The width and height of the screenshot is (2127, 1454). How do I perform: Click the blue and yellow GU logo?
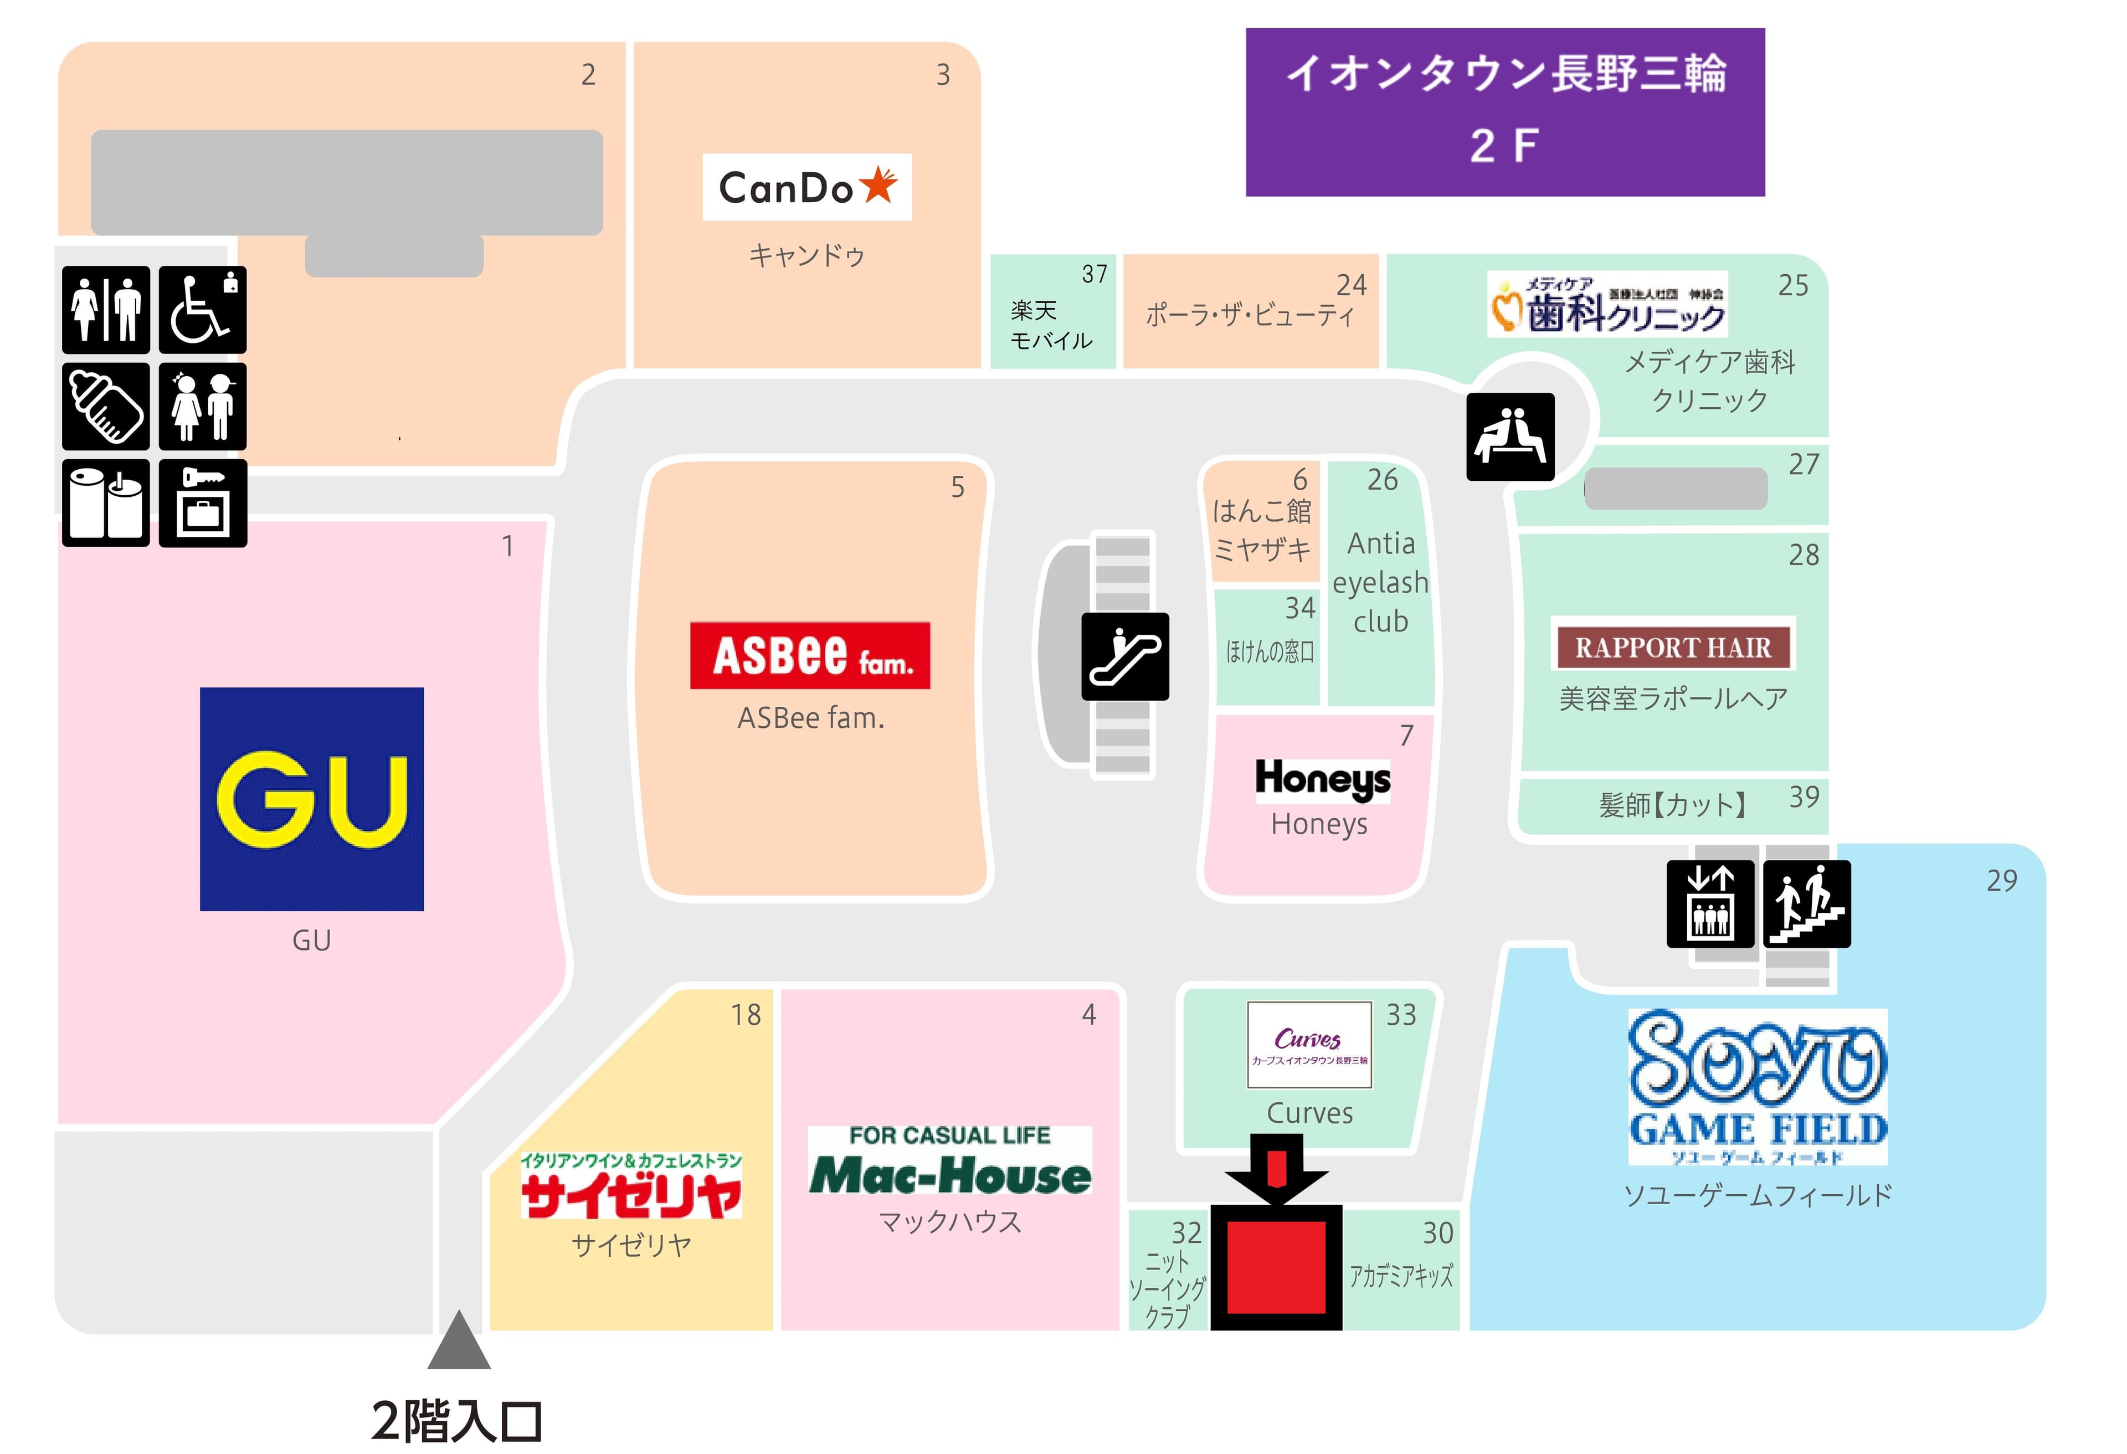click(x=311, y=799)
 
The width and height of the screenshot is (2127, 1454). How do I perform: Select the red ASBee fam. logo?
click(x=809, y=655)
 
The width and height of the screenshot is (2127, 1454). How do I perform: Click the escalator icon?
click(x=1125, y=656)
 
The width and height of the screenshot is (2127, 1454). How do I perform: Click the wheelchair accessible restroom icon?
click(x=202, y=309)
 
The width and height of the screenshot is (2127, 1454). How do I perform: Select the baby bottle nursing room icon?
click(x=105, y=406)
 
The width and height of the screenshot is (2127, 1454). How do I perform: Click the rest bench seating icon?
click(x=1509, y=436)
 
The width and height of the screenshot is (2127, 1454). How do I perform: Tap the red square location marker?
click(x=1276, y=1266)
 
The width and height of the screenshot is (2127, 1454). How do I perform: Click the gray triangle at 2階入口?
click(x=459, y=1342)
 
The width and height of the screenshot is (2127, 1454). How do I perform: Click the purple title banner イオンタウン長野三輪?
click(x=1504, y=112)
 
